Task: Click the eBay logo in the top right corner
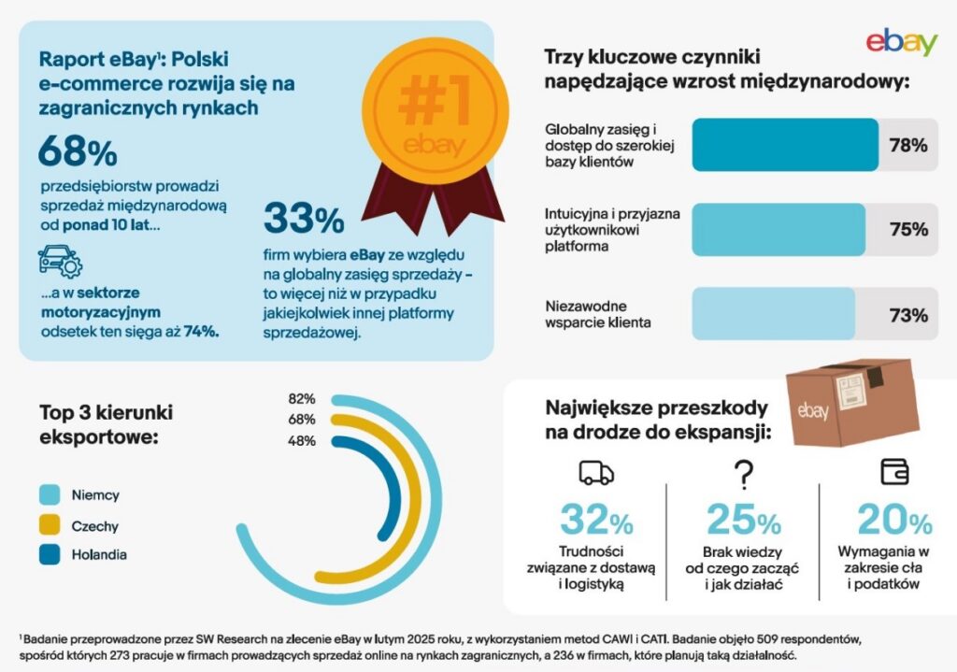pos(901,42)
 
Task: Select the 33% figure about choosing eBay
pos(304,219)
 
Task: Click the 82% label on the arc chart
pos(302,399)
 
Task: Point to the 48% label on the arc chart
pos(302,441)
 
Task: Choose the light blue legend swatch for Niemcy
pos(50,495)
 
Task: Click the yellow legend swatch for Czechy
pos(50,525)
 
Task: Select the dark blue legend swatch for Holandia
pos(50,555)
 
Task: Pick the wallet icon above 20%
pos(894,472)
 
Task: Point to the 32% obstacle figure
pos(596,520)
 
